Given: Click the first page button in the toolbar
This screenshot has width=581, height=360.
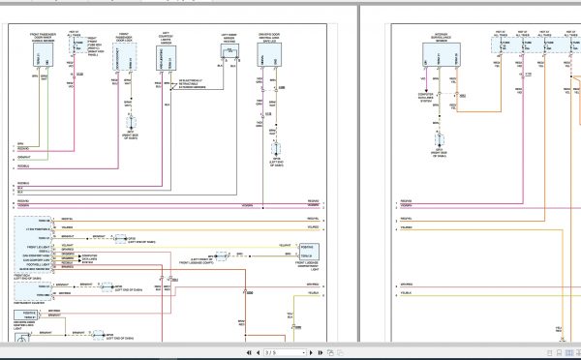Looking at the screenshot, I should tap(250, 352).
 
